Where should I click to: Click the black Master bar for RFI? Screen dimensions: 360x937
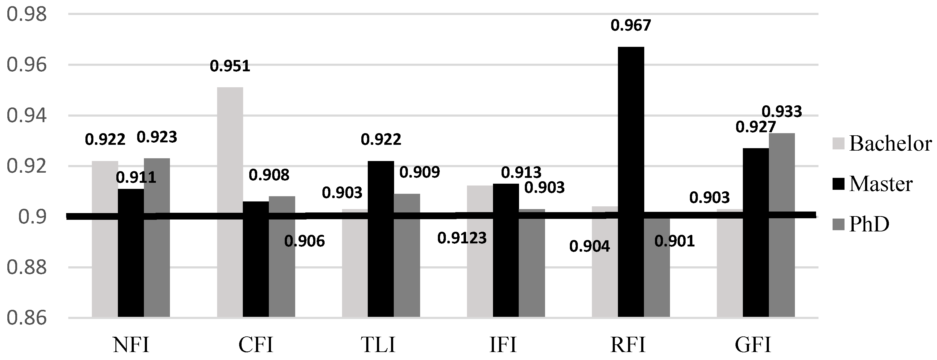click(x=631, y=182)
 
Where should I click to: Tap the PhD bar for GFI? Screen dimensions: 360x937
click(x=782, y=225)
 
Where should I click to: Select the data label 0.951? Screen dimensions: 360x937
click(x=230, y=66)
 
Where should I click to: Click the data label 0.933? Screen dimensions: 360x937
click(x=782, y=112)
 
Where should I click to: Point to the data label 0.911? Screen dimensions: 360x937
click(x=136, y=178)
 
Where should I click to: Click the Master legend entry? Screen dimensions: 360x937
click(x=873, y=184)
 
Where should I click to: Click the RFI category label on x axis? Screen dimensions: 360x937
click(x=628, y=344)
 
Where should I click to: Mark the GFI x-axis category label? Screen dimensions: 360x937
click(x=753, y=344)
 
